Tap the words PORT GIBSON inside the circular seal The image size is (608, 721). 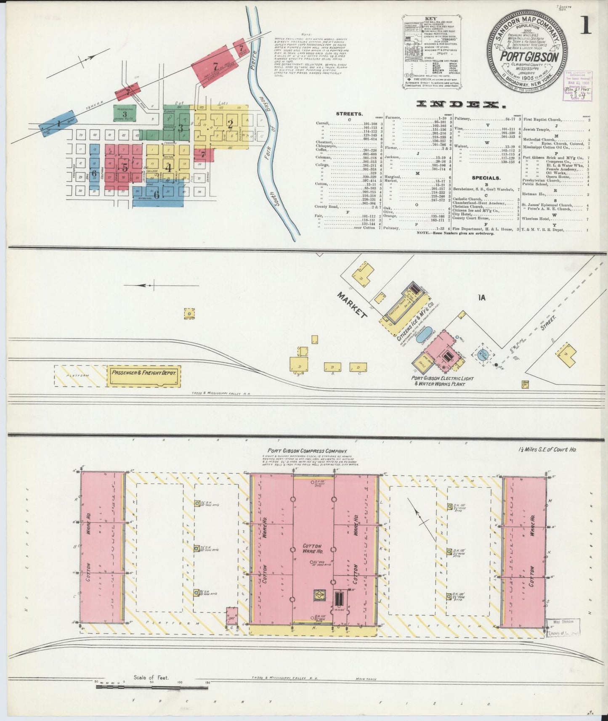pyautogui.click(x=529, y=57)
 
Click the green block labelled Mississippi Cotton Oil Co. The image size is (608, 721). pyautogui.click(x=125, y=114)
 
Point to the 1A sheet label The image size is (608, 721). pyautogui.click(x=482, y=298)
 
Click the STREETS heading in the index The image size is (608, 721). pyautogui.click(x=349, y=114)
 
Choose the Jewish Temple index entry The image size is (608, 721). pyautogui.click(x=542, y=130)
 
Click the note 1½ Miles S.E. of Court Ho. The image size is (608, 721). pyautogui.click(x=547, y=450)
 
